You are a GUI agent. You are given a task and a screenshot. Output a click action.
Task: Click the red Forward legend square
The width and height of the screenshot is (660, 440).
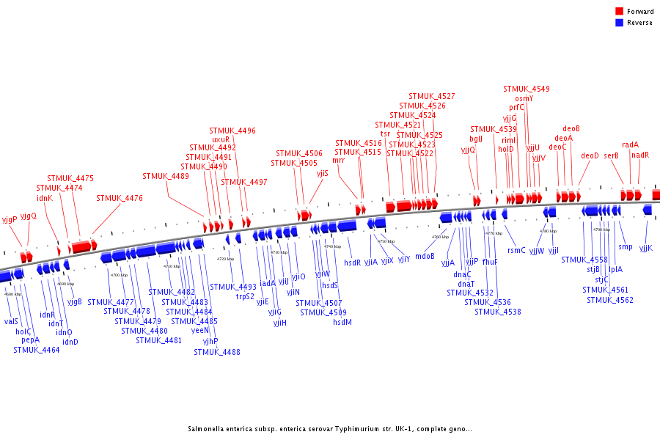620,12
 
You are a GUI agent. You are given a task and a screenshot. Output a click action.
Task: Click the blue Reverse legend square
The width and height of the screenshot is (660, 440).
620,23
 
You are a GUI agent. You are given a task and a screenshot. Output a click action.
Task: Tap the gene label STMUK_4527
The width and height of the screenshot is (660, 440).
432,96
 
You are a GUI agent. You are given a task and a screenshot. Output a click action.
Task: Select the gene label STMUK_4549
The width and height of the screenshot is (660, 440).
527,89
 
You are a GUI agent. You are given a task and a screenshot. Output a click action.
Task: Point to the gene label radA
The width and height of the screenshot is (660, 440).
630,144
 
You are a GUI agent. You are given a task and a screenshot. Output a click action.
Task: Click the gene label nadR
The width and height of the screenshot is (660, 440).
640,155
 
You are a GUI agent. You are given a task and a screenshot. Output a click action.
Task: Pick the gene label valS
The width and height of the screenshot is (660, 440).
11,321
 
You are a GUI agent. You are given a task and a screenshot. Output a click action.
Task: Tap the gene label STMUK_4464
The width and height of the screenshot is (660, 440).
36,350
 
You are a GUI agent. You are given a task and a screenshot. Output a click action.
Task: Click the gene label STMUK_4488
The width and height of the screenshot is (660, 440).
217,352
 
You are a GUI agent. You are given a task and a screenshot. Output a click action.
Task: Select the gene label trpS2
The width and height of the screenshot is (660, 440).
246,296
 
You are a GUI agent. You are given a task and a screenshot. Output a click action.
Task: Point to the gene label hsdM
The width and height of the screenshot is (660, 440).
342,321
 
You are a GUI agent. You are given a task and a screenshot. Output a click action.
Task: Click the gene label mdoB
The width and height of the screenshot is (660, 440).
425,256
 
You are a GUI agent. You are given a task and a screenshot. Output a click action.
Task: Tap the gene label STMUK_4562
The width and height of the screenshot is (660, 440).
609,299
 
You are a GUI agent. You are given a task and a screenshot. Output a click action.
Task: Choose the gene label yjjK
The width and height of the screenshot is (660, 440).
645,247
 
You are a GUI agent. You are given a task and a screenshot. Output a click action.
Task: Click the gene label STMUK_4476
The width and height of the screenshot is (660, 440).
120,198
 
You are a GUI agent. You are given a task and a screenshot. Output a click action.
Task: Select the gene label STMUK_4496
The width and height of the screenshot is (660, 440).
232,131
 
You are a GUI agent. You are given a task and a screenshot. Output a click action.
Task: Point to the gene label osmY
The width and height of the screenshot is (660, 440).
524,98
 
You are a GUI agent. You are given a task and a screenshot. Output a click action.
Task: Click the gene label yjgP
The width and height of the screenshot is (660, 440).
10,219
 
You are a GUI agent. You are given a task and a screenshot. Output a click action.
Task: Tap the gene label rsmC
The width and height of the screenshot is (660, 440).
517,250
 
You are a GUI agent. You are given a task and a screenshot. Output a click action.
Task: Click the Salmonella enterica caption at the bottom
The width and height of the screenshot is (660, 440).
330,429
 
